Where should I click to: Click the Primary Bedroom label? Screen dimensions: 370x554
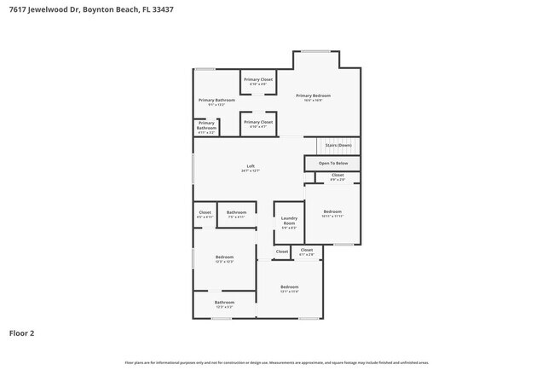click(x=313, y=95)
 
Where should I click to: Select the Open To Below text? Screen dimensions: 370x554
click(x=333, y=163)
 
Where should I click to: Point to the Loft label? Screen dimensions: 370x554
click(x=251, y=166)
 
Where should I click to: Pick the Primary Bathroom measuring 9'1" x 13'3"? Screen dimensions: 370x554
click(x=216, y=100)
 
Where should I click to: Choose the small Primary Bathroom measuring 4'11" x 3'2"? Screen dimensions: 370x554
click(x=206, y=125)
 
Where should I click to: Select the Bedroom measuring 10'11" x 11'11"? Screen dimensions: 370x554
click(x=332, y=211)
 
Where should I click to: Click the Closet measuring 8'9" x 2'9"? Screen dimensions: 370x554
click(x=338, y=175)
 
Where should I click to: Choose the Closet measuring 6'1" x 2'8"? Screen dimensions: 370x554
click(x=307, y=251)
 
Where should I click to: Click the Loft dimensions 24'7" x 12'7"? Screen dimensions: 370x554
click(x=251, y=171)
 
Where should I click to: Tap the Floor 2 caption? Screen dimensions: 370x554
click(x=21, y=333)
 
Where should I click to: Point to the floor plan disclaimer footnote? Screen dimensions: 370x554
click(x=277, y=363)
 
